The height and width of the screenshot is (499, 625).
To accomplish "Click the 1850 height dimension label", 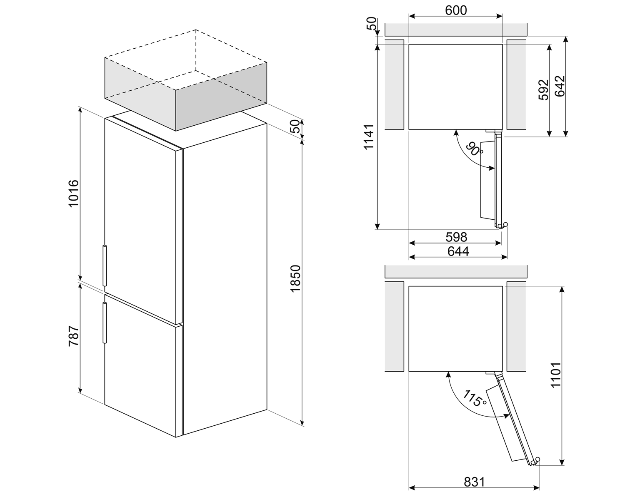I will (x=295, y=278).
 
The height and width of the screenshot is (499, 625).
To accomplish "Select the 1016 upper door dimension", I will (x=73, y=194).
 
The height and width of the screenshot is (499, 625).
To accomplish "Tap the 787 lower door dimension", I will (x=73, y=337).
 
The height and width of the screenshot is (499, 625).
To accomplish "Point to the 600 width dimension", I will (x=456, y=10).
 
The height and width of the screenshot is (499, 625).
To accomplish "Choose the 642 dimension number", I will (x=560, y=86).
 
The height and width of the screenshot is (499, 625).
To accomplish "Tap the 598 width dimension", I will (x=456, y=237).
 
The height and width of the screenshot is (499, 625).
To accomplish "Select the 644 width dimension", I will (x=458, y=251).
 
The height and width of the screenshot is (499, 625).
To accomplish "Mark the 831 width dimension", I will (x=474, y=482).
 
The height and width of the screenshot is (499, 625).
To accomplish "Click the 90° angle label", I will (x=474, y=149).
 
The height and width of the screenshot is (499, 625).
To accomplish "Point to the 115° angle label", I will (x=474, y=398).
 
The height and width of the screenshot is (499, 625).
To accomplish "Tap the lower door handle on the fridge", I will (x=104, y=323).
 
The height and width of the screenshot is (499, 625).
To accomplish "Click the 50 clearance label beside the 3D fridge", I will (x=295, y=127).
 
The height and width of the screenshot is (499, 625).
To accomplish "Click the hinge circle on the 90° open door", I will (x=505, y=225).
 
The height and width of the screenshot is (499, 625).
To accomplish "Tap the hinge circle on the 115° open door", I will (x=537, y=459).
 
